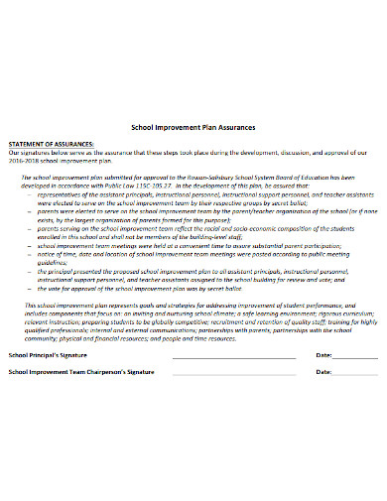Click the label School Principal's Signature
click(x=48, y=354)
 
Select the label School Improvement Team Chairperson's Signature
click(x=81, y=371)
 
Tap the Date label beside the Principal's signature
click(x=323, y=354)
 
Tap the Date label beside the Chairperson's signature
click(x=323, y=371)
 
